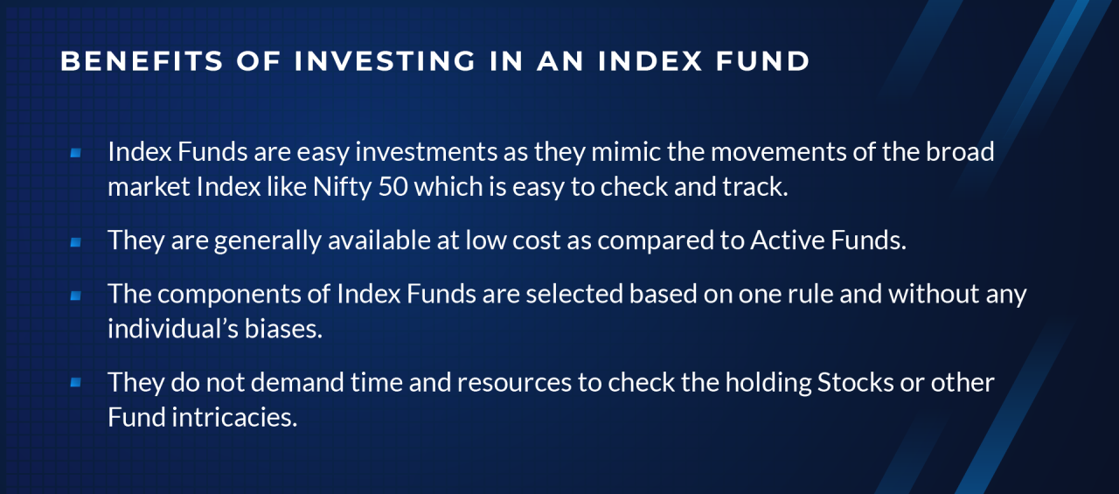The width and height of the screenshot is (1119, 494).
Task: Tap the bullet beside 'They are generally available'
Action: (75, 241)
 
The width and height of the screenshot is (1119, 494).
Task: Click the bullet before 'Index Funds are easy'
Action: (75, 152)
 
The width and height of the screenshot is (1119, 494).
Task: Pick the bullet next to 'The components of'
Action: (75, 296)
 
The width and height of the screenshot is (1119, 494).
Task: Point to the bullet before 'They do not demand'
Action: (75, 382)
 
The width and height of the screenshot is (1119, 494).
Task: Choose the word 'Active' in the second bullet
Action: (784, 241)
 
